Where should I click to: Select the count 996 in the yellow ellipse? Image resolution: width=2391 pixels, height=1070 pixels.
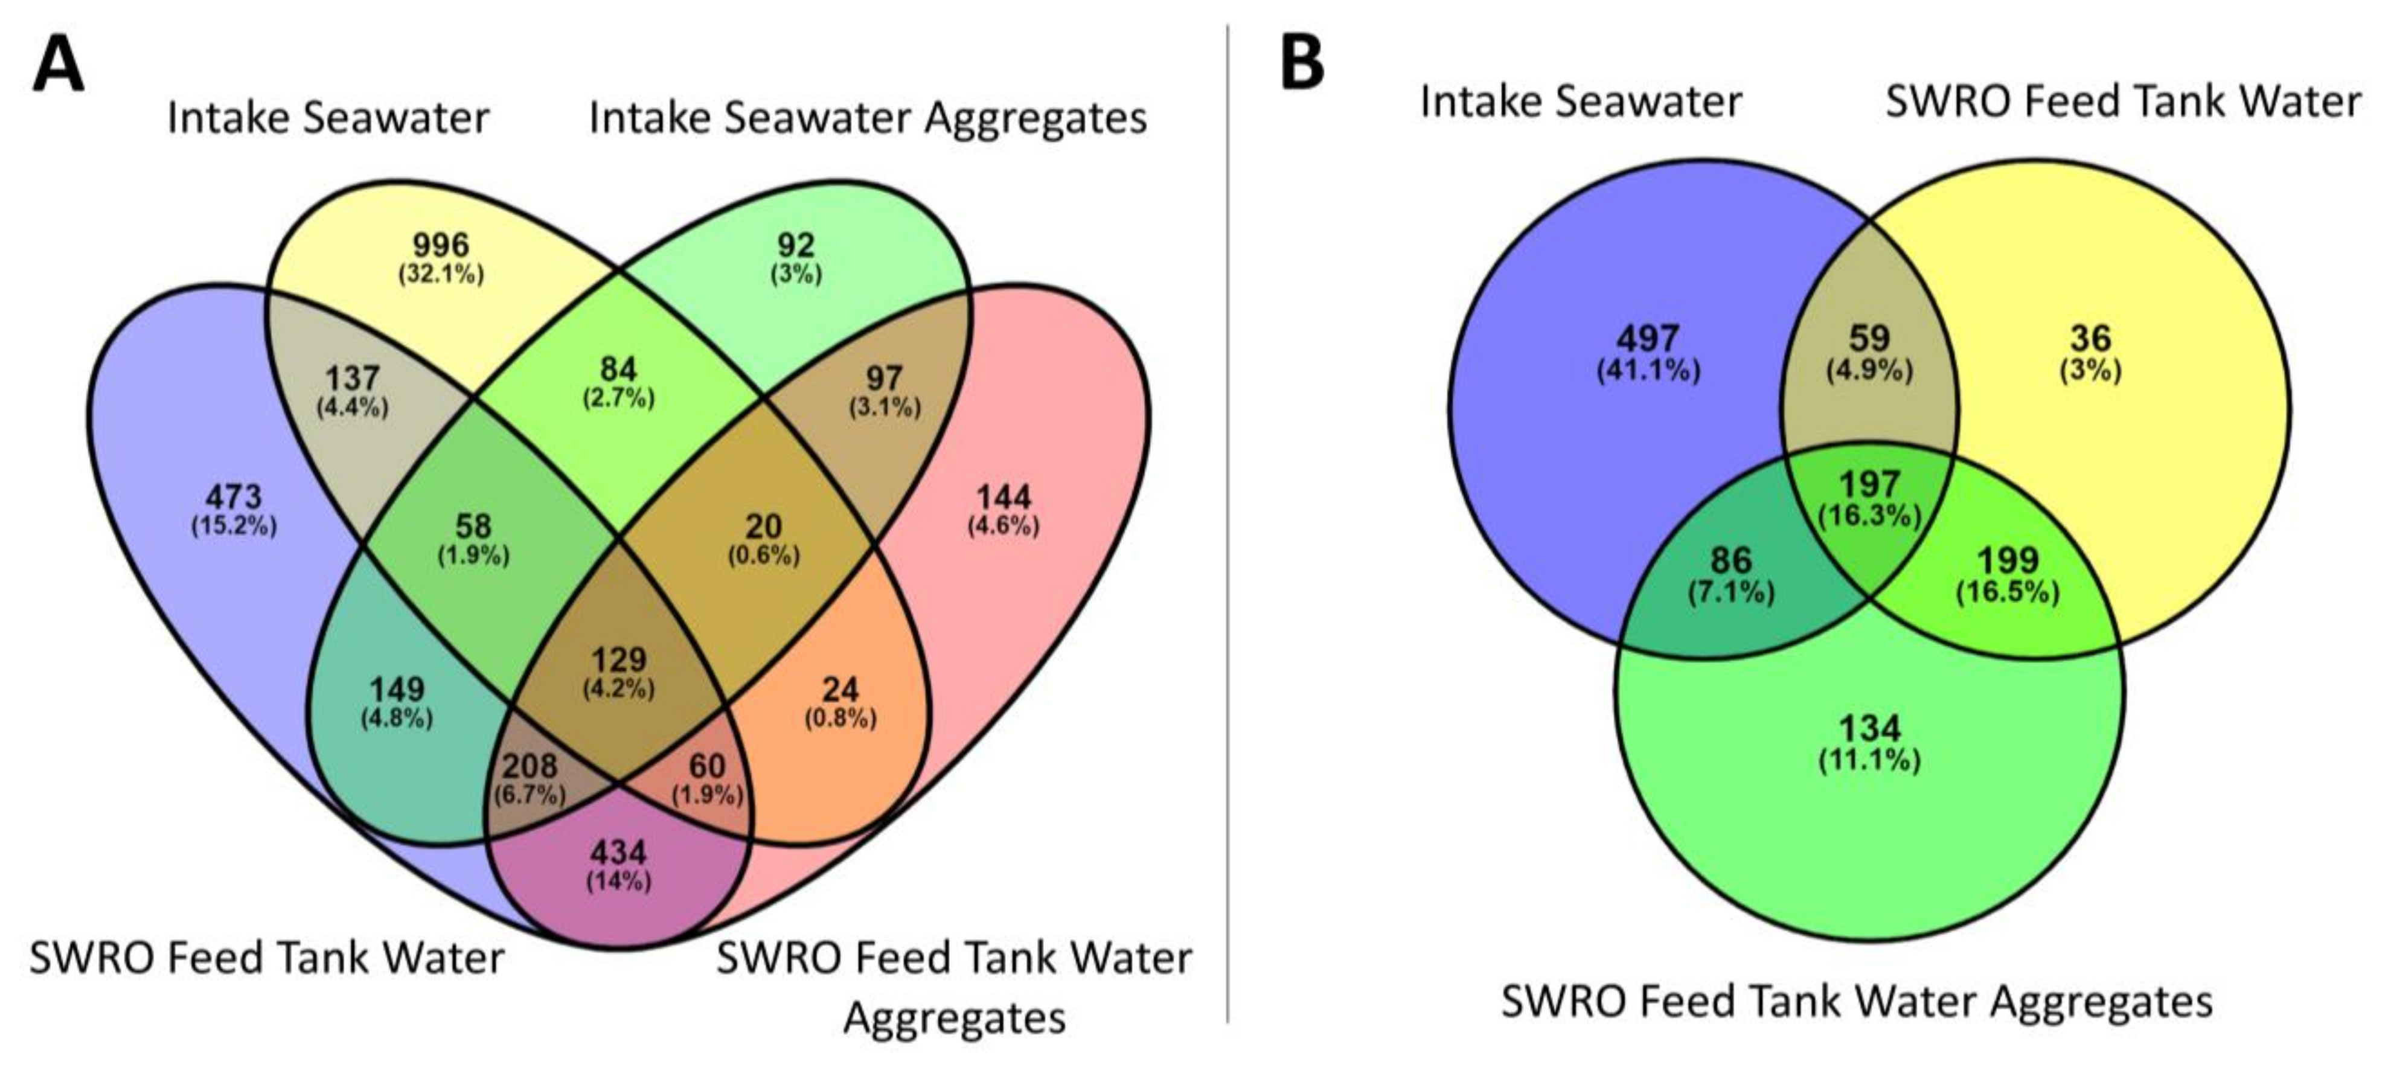[441, 245]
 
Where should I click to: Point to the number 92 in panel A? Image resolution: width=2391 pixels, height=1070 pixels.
[795, 245]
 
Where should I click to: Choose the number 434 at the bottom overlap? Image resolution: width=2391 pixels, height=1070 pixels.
[619, 852]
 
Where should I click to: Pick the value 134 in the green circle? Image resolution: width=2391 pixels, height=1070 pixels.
[1869, 728]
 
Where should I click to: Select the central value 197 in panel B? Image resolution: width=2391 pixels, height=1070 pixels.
[1869, 484]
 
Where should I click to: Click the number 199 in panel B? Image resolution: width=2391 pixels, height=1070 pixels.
[2008, 560]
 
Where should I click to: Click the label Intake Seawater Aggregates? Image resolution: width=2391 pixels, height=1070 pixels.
[868, 118]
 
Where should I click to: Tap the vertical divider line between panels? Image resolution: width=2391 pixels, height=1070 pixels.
[1228, 520]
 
